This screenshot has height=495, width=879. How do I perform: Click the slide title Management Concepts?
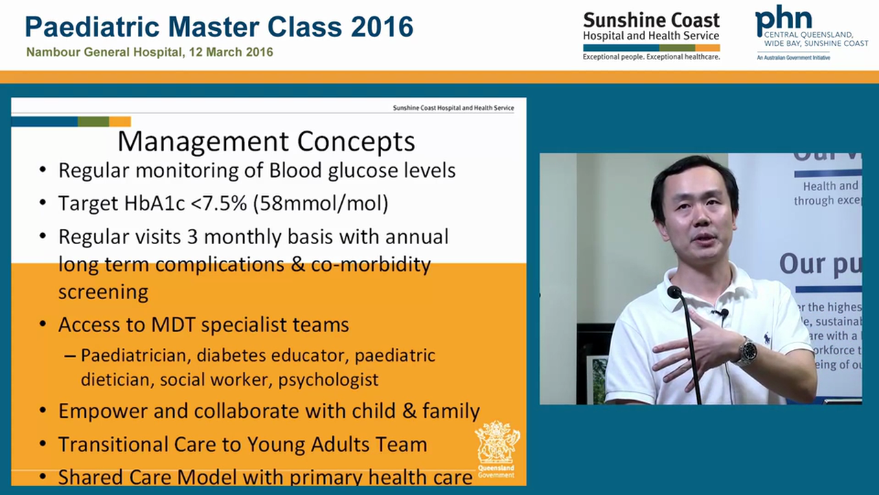266,141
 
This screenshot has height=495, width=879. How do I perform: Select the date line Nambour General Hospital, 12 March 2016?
150,52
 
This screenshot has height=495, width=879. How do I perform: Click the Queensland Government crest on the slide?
497,447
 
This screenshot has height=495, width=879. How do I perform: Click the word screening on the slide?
103,291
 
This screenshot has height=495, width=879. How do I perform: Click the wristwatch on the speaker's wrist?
746,351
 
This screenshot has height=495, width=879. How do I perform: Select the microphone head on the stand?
674,292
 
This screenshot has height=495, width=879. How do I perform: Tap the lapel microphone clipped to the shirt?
724,313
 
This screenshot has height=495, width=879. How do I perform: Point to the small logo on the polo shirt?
767,339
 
